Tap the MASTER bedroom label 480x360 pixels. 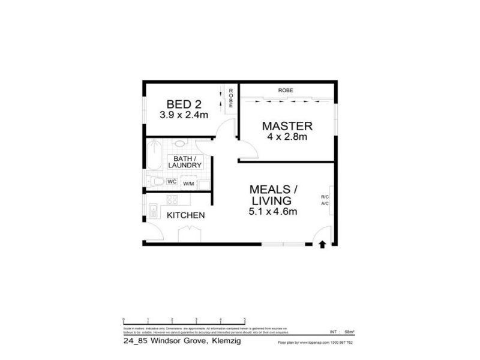pyautogui.click(x=287, y=126)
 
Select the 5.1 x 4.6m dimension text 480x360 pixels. pyautogui.click(x=274, y=211)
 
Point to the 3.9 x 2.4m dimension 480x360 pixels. pyautogui.click(x=184, y=115)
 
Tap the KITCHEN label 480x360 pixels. pyautogui.click(x=186, y=215)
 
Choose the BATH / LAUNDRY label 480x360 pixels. pyautogui.click(x=184, y=161)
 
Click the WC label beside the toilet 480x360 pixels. pyautogui.click(x=171, y=181)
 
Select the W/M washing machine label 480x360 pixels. pyautogui.click(x=188, y=183)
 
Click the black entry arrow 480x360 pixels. pyautogui.click(x=322, y=244)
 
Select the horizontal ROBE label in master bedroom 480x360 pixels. pyautogui.click(x=286, y=91)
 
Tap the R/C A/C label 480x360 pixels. pyautogui.click(x=325, y=200)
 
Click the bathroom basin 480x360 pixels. pyautogui.click(x=179, y=144)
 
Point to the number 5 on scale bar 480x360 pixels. pyautogui.click(x=244, y=319)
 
